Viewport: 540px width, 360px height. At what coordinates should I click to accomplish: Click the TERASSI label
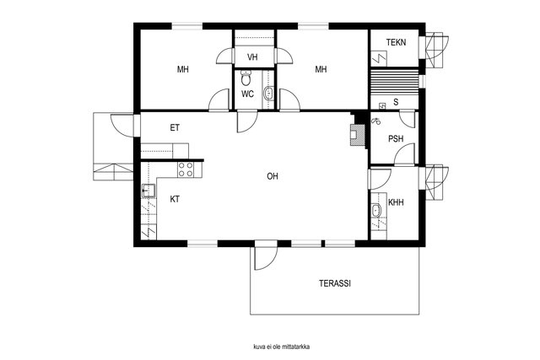[335, 283]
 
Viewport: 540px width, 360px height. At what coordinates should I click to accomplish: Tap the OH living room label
[273, 176]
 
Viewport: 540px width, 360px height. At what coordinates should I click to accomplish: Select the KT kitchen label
[175, 199]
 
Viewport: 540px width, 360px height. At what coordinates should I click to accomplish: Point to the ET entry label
[175, 127]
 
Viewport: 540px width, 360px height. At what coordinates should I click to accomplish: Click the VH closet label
[252, 57]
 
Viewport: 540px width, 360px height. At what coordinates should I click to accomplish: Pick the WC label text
[247, 94]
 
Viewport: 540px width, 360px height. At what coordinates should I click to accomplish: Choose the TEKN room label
[396, 42]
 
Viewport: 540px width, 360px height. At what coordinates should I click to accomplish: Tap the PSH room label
[396, 139]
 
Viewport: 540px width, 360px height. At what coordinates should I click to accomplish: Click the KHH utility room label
[396, 202]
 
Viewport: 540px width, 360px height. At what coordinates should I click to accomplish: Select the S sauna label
[396, 102]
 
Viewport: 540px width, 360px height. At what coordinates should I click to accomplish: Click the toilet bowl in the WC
[246, 78]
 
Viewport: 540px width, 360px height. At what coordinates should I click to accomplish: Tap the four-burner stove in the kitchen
[186, 169]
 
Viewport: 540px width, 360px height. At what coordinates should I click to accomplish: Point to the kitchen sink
[148, 191]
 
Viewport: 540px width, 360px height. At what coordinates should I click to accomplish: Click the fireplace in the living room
[358, 135]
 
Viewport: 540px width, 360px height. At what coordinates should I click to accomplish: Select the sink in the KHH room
[376, 210]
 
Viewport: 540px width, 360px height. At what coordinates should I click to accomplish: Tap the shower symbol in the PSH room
[376, 121]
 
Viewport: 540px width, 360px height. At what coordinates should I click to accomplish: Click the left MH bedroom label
[183, 69]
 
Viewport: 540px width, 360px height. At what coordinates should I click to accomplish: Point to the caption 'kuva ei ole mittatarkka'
[281, 347]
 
